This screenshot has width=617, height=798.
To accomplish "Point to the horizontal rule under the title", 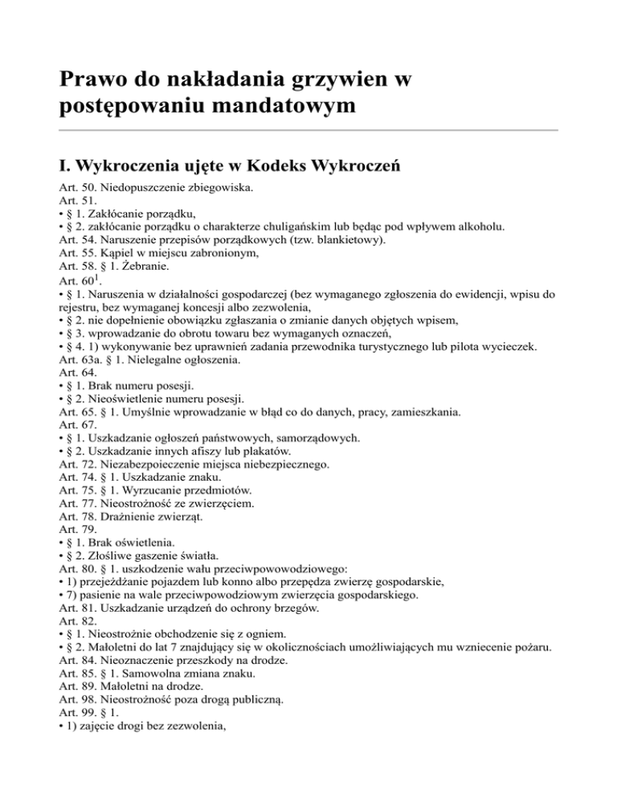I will (308, 130).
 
